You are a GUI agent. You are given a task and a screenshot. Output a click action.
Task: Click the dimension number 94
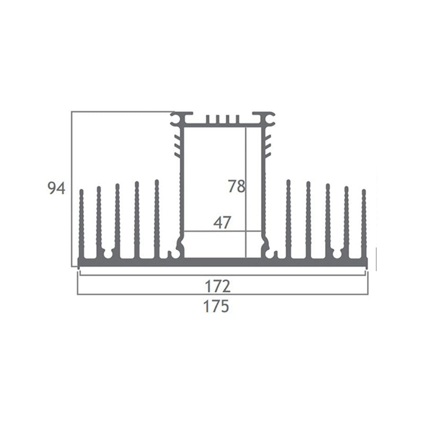tap(56, 188)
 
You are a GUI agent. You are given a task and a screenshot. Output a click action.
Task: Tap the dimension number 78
tap(236, 187)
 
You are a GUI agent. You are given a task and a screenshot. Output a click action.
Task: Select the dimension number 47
tap(222, 223)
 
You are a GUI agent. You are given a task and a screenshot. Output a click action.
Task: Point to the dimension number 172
tap(218, 286)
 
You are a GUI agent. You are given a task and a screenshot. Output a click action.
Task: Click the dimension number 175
tap(216, 306)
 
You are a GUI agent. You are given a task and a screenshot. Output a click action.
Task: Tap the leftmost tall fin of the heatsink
tap(82, 224)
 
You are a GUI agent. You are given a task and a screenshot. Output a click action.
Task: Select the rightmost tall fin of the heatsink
tap(364, 224)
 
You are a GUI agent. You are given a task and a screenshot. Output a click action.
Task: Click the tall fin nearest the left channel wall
tap(157, 219)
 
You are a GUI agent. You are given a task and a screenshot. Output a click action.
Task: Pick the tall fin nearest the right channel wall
tap(288, 219)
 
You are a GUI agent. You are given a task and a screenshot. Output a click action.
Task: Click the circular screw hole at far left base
tap(108, 254)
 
